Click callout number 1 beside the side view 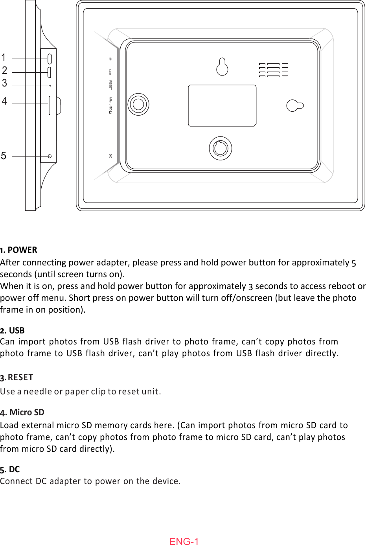point(4,58)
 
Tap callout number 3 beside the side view point(4,83)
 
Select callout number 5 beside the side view point(4,156)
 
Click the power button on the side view point(50,59)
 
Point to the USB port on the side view point(49,72)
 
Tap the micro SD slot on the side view point(49,105)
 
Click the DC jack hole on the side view point(50,156)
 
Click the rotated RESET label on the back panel point(110,85)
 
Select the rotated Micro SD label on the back point(110,105)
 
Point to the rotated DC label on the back point(110,156)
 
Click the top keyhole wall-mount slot point(222,67)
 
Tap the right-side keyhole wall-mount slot point(295,105)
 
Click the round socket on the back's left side point(138,104)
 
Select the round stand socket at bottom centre point(220,148)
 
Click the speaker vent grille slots point(274,70)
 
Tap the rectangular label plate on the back point(222,105)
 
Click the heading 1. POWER point(19,250)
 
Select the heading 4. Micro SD point(22,412)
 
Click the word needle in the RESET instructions point(38,392)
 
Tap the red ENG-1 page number point(184,541)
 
